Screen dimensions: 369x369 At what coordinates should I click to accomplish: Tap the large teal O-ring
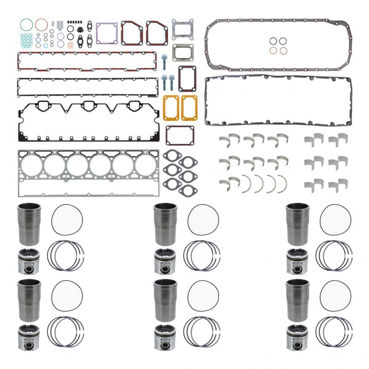pyautogui.click(x=26, y=24)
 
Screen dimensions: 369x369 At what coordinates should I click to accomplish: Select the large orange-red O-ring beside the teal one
pyautogui.click(x=42, y=24)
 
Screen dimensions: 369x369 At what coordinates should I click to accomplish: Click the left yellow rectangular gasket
pyautogui.click(x=171, y=107)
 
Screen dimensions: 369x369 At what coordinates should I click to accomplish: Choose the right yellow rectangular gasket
pyautogui.click(x=189, y=107)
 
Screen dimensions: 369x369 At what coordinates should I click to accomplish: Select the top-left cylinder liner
pyautogui.click(x=29, y=223)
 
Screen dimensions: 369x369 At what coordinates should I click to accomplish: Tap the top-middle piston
pyautogui.click(x=165, y=261)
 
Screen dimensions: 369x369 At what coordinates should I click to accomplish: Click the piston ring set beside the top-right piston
pyautogui.click(x=334, y=256)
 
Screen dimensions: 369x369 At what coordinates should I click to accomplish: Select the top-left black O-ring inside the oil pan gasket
pyautogui.click(x=274, y=41)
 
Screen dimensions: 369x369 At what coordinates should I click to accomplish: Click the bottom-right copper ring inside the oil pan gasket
pyautogui.click(x=284, y=50)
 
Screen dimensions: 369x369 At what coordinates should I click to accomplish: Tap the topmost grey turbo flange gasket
pyautogui.click(x=182, y=29)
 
